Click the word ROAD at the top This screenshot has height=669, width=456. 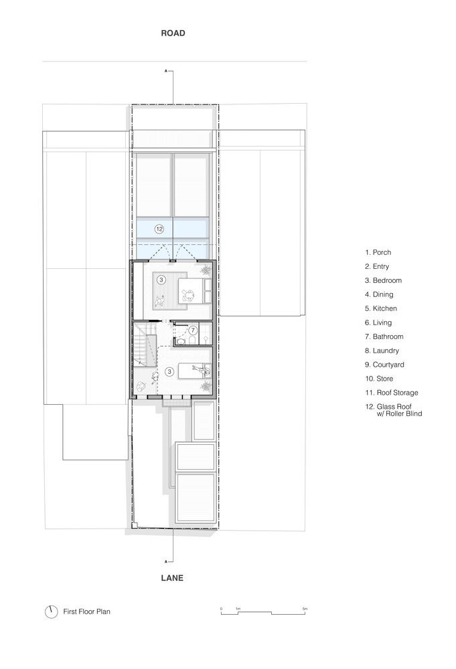(173, 33)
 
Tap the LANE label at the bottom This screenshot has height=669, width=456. (172, 578)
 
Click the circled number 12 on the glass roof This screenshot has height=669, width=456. (159, 229)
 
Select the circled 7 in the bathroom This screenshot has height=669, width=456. (193, 330)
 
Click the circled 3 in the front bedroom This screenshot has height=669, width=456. (161, 280)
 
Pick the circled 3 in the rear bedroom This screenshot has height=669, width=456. (169, 371)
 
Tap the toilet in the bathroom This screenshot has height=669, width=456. (192, 340)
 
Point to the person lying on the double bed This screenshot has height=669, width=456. (188, 294)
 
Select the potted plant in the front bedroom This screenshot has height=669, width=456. (206, 270)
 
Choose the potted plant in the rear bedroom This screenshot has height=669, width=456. (206, 386)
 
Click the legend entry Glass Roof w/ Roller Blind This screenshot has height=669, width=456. (394, 410)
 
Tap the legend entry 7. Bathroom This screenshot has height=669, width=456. (384, 337)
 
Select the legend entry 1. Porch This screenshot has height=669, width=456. (378, 253)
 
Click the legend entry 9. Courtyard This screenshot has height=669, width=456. (385, 365)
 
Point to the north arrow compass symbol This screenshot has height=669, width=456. (52, 612)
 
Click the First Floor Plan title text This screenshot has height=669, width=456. (86, 611)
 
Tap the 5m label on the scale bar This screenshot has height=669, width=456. (305, 609)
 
